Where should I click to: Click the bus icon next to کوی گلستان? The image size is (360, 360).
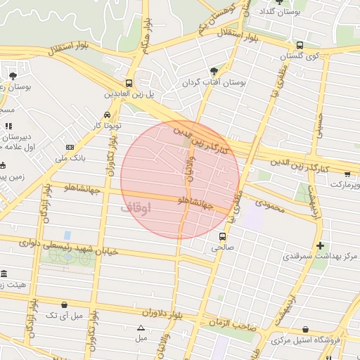coord(300,44)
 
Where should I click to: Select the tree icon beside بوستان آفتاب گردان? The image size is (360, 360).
coord(214,71)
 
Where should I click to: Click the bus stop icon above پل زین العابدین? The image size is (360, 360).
coord(129,82)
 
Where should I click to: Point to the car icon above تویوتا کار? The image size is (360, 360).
coord(106,115)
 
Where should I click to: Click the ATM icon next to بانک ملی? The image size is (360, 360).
coord(70,147)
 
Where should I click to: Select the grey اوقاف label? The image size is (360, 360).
coord(136,208)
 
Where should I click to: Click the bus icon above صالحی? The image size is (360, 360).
coord(223,236)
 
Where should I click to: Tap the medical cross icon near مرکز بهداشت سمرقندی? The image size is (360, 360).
coord(321,245)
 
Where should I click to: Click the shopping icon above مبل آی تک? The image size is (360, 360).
coord(65,304)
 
